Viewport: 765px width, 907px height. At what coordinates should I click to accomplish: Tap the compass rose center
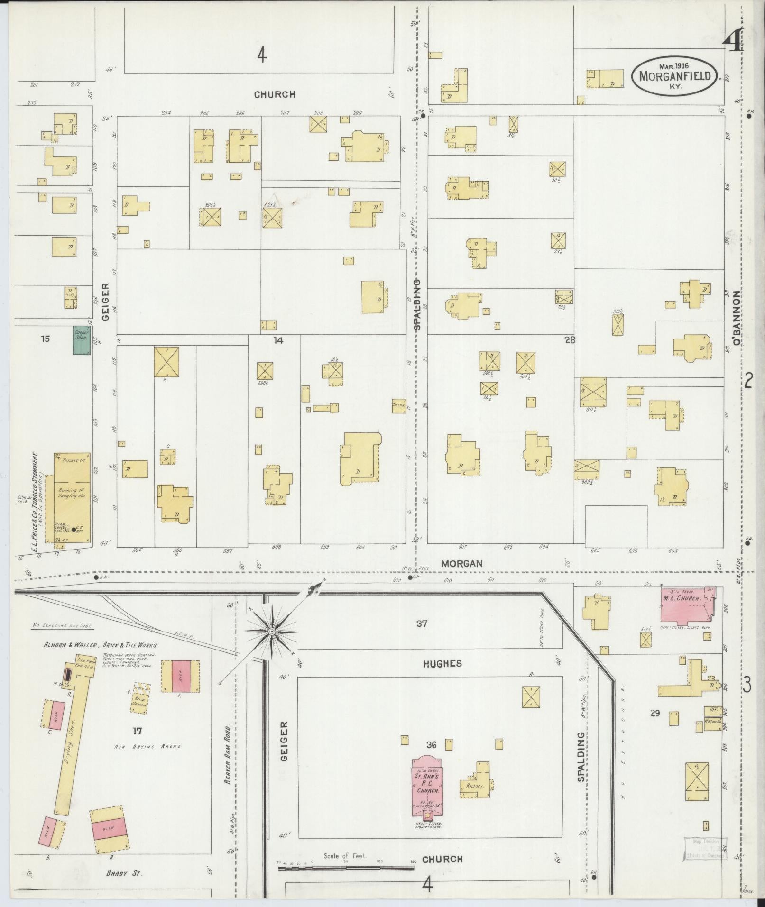click(x=271, y=632)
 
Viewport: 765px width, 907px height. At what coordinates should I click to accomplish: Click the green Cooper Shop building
click(x=82, y=339)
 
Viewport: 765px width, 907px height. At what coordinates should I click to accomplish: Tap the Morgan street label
click(x=461, y=564)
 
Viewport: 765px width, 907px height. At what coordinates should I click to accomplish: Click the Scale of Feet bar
click(x=346, y=869)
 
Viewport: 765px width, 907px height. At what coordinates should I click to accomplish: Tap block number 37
click(x=422, y=624)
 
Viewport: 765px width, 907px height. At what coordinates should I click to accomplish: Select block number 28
click(x=570, y=340)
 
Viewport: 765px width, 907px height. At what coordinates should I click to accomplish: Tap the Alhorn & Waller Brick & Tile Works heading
click(x=101, y=645)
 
